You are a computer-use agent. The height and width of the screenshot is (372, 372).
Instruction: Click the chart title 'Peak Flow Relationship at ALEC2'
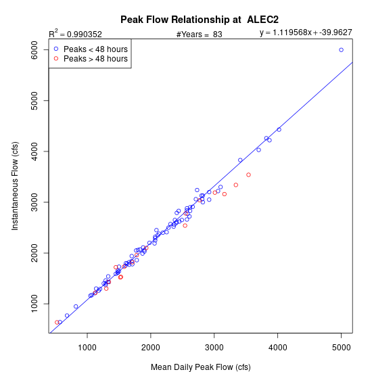coord(200,20)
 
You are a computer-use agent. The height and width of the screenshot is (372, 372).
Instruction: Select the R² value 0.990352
coord(85,34)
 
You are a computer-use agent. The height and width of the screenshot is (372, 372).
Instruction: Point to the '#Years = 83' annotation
coord(200,34)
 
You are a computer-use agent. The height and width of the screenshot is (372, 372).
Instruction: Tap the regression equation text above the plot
coord(306,32)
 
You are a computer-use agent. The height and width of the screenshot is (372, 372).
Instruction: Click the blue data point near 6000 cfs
coord(341,50)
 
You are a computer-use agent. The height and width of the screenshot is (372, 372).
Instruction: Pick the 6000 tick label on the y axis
coord(34,50)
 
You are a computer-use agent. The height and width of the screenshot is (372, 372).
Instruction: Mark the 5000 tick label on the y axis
coord(34,101)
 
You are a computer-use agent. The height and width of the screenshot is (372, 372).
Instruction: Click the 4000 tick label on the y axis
coord(34,152)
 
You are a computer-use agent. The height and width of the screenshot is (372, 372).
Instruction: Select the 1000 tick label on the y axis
coord(34,304)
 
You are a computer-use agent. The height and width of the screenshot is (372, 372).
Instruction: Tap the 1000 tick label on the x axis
coord(87,348)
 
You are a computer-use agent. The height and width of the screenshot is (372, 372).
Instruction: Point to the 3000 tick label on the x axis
coord(214,348)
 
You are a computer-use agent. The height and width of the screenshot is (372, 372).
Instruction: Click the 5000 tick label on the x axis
coord(341,348)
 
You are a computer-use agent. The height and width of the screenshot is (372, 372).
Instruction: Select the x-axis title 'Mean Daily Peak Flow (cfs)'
coord(201,367)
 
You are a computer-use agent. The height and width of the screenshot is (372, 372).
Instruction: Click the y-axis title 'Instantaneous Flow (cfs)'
coord(15,186)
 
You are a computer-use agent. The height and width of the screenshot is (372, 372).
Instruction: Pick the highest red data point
coord(248,175)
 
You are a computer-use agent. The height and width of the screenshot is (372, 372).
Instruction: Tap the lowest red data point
coord(57,322)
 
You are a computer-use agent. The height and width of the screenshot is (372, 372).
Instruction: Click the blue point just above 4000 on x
coord(279,130)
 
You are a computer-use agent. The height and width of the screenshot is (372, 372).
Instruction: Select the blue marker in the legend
coord(56,49)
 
